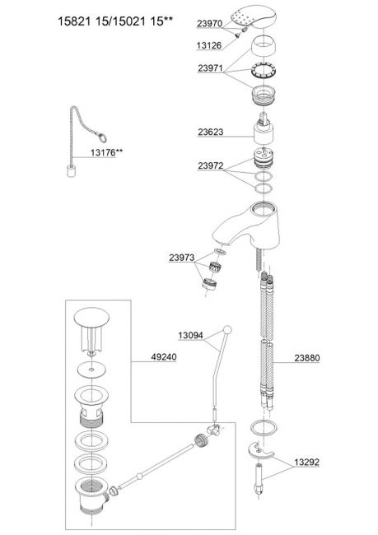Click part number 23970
209,23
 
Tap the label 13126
209,45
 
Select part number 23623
210,132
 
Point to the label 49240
164,357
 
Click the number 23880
307,358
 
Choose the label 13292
307,462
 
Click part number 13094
190,335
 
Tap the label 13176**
106,152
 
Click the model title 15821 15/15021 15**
115,21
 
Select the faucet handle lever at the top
253,15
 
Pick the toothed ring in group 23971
264,70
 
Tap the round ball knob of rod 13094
227,330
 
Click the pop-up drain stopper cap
91,331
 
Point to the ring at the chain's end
102,137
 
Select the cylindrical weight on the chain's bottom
71,171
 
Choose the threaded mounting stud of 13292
261,479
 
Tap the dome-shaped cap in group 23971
264,47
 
